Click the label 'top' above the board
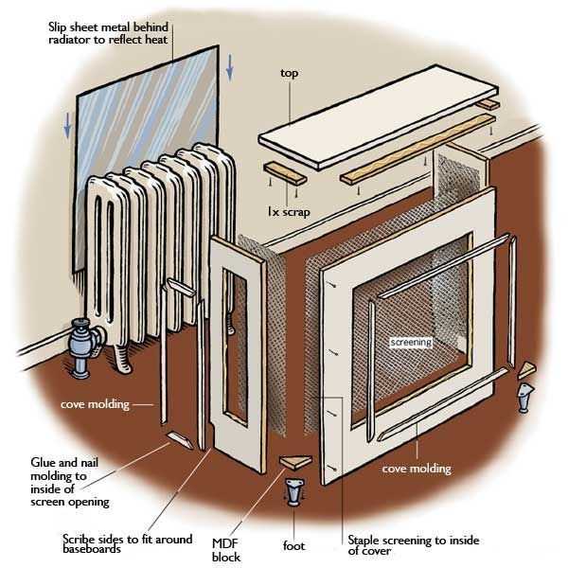point(290,72)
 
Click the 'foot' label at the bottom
point(293,546)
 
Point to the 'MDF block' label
point(226,549)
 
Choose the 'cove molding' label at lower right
point(416,469)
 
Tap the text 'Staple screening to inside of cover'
point(414,545)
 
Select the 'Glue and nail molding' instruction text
point(72,481)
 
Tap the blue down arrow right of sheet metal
point(230,66)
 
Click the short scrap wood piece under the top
point(287,175)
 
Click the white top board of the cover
point(379,118)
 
